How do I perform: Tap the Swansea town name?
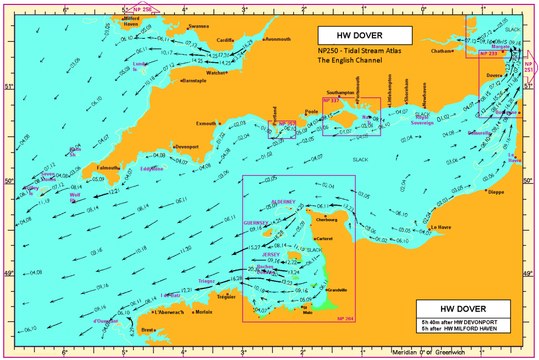click(199, 26)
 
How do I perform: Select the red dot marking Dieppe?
click(486, 190)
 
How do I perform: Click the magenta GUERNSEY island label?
click(256, 222)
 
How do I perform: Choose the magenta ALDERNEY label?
click(283, 201)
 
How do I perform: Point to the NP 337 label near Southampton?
click(331, 101)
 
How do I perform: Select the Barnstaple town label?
click(194, 80)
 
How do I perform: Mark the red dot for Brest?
click(155, 330)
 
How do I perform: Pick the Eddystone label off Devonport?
click(151, 169)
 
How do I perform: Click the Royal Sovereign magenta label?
click(424, 120)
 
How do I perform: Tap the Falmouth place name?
click(107, 168)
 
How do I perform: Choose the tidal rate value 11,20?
click(185, 248)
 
